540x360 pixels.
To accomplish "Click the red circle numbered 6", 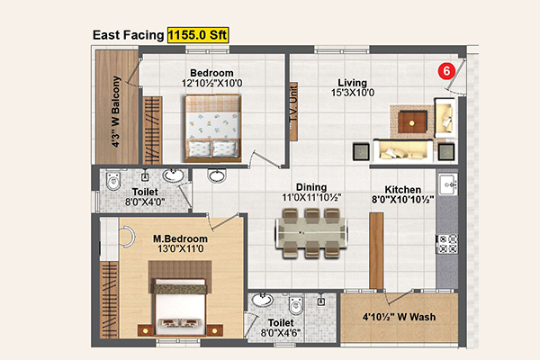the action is pos(446,71).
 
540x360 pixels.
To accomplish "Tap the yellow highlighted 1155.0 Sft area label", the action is pos(198,35).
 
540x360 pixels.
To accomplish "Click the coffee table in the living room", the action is pos(412,122).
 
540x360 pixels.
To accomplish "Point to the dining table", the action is pos(311,233).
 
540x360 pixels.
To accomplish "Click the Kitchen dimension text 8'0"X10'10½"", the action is pos(402,200).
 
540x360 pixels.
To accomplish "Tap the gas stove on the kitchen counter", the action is pos(447,244).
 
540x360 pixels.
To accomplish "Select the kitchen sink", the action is pos(448,184).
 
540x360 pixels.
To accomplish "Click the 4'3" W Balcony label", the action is pos(116,112).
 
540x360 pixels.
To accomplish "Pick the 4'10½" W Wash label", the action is pos(399,317).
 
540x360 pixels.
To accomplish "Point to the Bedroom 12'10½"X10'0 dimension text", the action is pos(211,84).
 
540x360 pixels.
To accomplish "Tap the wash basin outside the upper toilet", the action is pos(217,175).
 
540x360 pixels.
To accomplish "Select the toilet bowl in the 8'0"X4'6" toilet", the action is pos(296,304).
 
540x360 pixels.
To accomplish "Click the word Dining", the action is pos(311,187).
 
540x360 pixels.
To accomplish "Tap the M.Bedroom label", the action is pos(180,238).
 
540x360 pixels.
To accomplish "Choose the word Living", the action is pos(352,83).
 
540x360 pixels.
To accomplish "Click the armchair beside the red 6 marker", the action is pos(445,118).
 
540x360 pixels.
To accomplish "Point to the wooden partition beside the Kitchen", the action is pos(376,251).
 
